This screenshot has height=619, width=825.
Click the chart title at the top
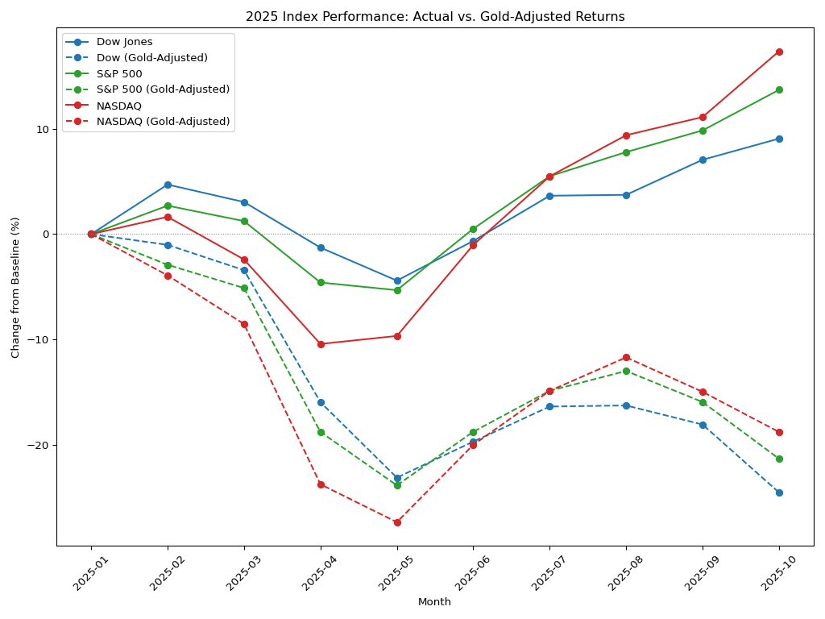[435, 17]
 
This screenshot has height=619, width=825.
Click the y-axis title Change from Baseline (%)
[15, 288]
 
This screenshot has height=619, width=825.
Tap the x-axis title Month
[434, 601]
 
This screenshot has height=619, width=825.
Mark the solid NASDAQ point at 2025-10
[779, 52]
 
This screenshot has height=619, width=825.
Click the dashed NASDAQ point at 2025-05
[397, 522]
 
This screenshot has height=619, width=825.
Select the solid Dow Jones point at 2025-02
[168, 185]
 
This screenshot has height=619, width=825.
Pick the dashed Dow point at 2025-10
[779, 492]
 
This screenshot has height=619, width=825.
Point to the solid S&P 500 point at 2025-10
[779, 90]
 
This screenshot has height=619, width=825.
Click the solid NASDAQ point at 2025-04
[321, 344]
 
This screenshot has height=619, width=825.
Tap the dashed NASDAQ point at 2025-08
[626, 357]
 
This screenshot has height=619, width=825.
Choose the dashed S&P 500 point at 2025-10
[779, 459]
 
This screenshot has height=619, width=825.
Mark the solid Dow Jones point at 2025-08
[626, 195]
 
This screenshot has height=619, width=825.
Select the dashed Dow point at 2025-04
[321, 403]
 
